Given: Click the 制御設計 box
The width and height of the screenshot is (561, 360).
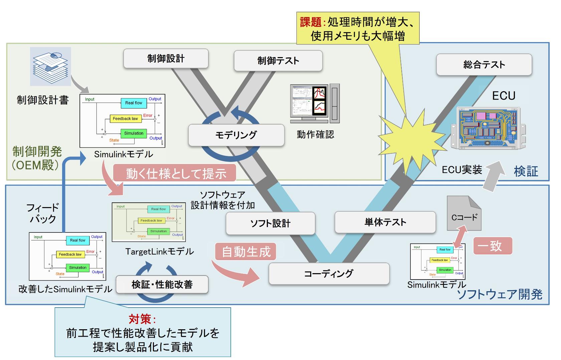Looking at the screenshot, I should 166,59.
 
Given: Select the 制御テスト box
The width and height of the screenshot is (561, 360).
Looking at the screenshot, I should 278,61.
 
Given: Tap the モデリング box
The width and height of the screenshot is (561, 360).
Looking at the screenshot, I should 236,135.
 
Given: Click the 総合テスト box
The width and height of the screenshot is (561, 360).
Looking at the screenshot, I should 484,65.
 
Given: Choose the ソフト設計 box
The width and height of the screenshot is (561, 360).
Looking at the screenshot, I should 270,223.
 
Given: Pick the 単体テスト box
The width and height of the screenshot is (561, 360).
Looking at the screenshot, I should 385,222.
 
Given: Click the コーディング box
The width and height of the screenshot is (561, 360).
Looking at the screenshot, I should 329,274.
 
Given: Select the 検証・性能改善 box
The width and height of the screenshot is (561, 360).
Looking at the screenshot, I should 162,285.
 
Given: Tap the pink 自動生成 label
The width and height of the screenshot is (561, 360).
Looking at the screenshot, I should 246,252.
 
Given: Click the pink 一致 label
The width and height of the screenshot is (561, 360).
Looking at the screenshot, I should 493,246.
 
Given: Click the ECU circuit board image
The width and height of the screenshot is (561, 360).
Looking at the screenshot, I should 488,128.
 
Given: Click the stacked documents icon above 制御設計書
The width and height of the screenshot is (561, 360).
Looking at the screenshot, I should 50,66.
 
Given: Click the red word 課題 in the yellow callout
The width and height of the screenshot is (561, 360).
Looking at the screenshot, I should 311,22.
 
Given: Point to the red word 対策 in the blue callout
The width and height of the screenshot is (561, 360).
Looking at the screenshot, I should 140,319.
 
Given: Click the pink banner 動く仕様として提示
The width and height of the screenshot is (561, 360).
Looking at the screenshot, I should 175,173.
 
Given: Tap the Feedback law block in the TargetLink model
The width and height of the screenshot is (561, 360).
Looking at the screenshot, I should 151,221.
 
